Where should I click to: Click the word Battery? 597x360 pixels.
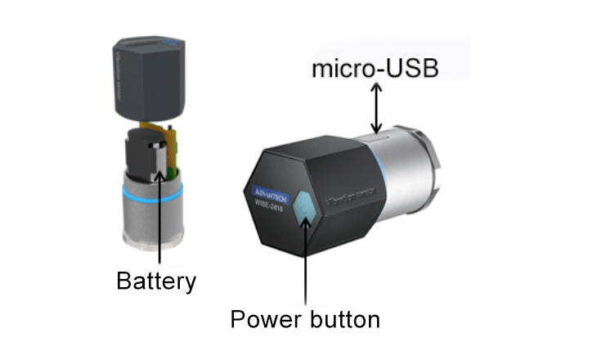pyautogui.click(x=156, y=281)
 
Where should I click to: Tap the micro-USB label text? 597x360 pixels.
pyautogui.click(x=375, y=69)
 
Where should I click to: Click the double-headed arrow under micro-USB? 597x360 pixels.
pyautogui.click(x=375, y=110)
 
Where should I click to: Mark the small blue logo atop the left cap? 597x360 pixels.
pyautogui.click(x=168, y=40)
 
